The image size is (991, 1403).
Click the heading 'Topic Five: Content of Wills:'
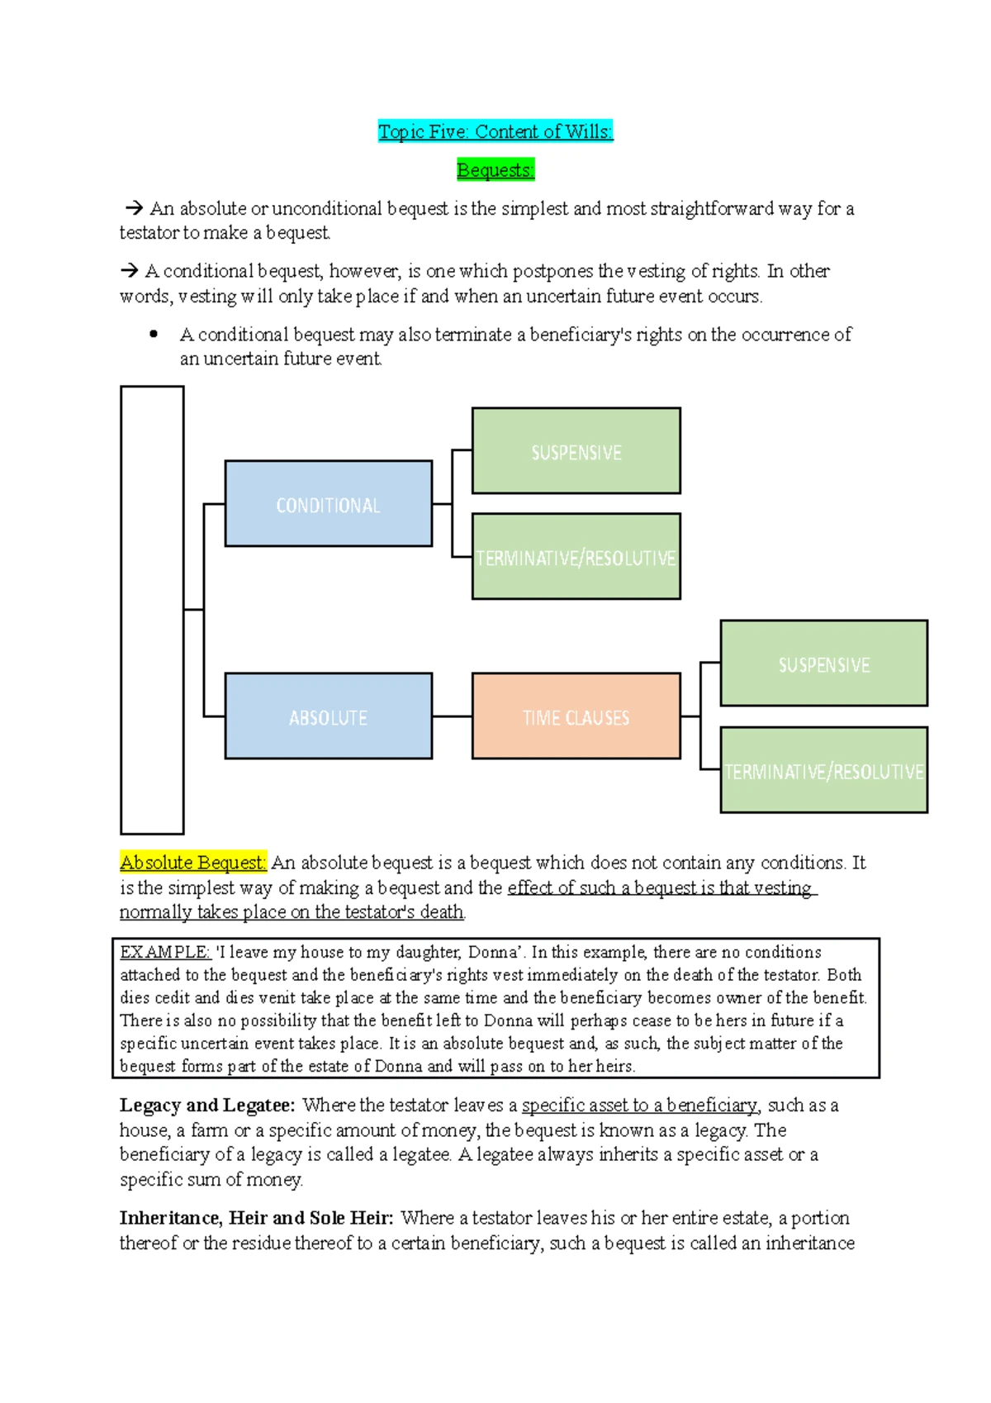[495, 131]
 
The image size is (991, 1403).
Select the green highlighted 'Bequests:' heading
[495, 170]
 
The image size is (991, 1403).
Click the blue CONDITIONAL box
[328, 504]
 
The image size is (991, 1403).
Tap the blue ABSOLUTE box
[328, 716]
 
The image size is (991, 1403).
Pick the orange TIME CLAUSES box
[576, 716]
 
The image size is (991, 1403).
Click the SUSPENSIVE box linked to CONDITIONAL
[576, 451]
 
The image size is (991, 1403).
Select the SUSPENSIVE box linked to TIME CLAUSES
[823, 663]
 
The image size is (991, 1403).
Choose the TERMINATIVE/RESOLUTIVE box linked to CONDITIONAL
[576, 557]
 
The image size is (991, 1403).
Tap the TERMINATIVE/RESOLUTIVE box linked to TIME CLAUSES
[823, 770]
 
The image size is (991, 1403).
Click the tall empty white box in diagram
[152, 610]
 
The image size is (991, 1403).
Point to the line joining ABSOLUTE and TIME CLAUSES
[452, 716]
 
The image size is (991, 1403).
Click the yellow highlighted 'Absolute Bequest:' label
[193, 863]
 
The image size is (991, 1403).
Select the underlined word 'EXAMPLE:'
[165, 952]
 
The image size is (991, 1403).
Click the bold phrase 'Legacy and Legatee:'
[207, 1106]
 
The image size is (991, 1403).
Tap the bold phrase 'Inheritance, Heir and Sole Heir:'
[256, 1218]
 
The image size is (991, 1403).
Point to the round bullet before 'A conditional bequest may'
[154, 335]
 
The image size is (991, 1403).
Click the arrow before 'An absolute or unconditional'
[133, 208]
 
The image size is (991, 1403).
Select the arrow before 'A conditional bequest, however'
[129, 271]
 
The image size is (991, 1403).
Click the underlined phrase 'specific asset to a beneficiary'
[639, 1106]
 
